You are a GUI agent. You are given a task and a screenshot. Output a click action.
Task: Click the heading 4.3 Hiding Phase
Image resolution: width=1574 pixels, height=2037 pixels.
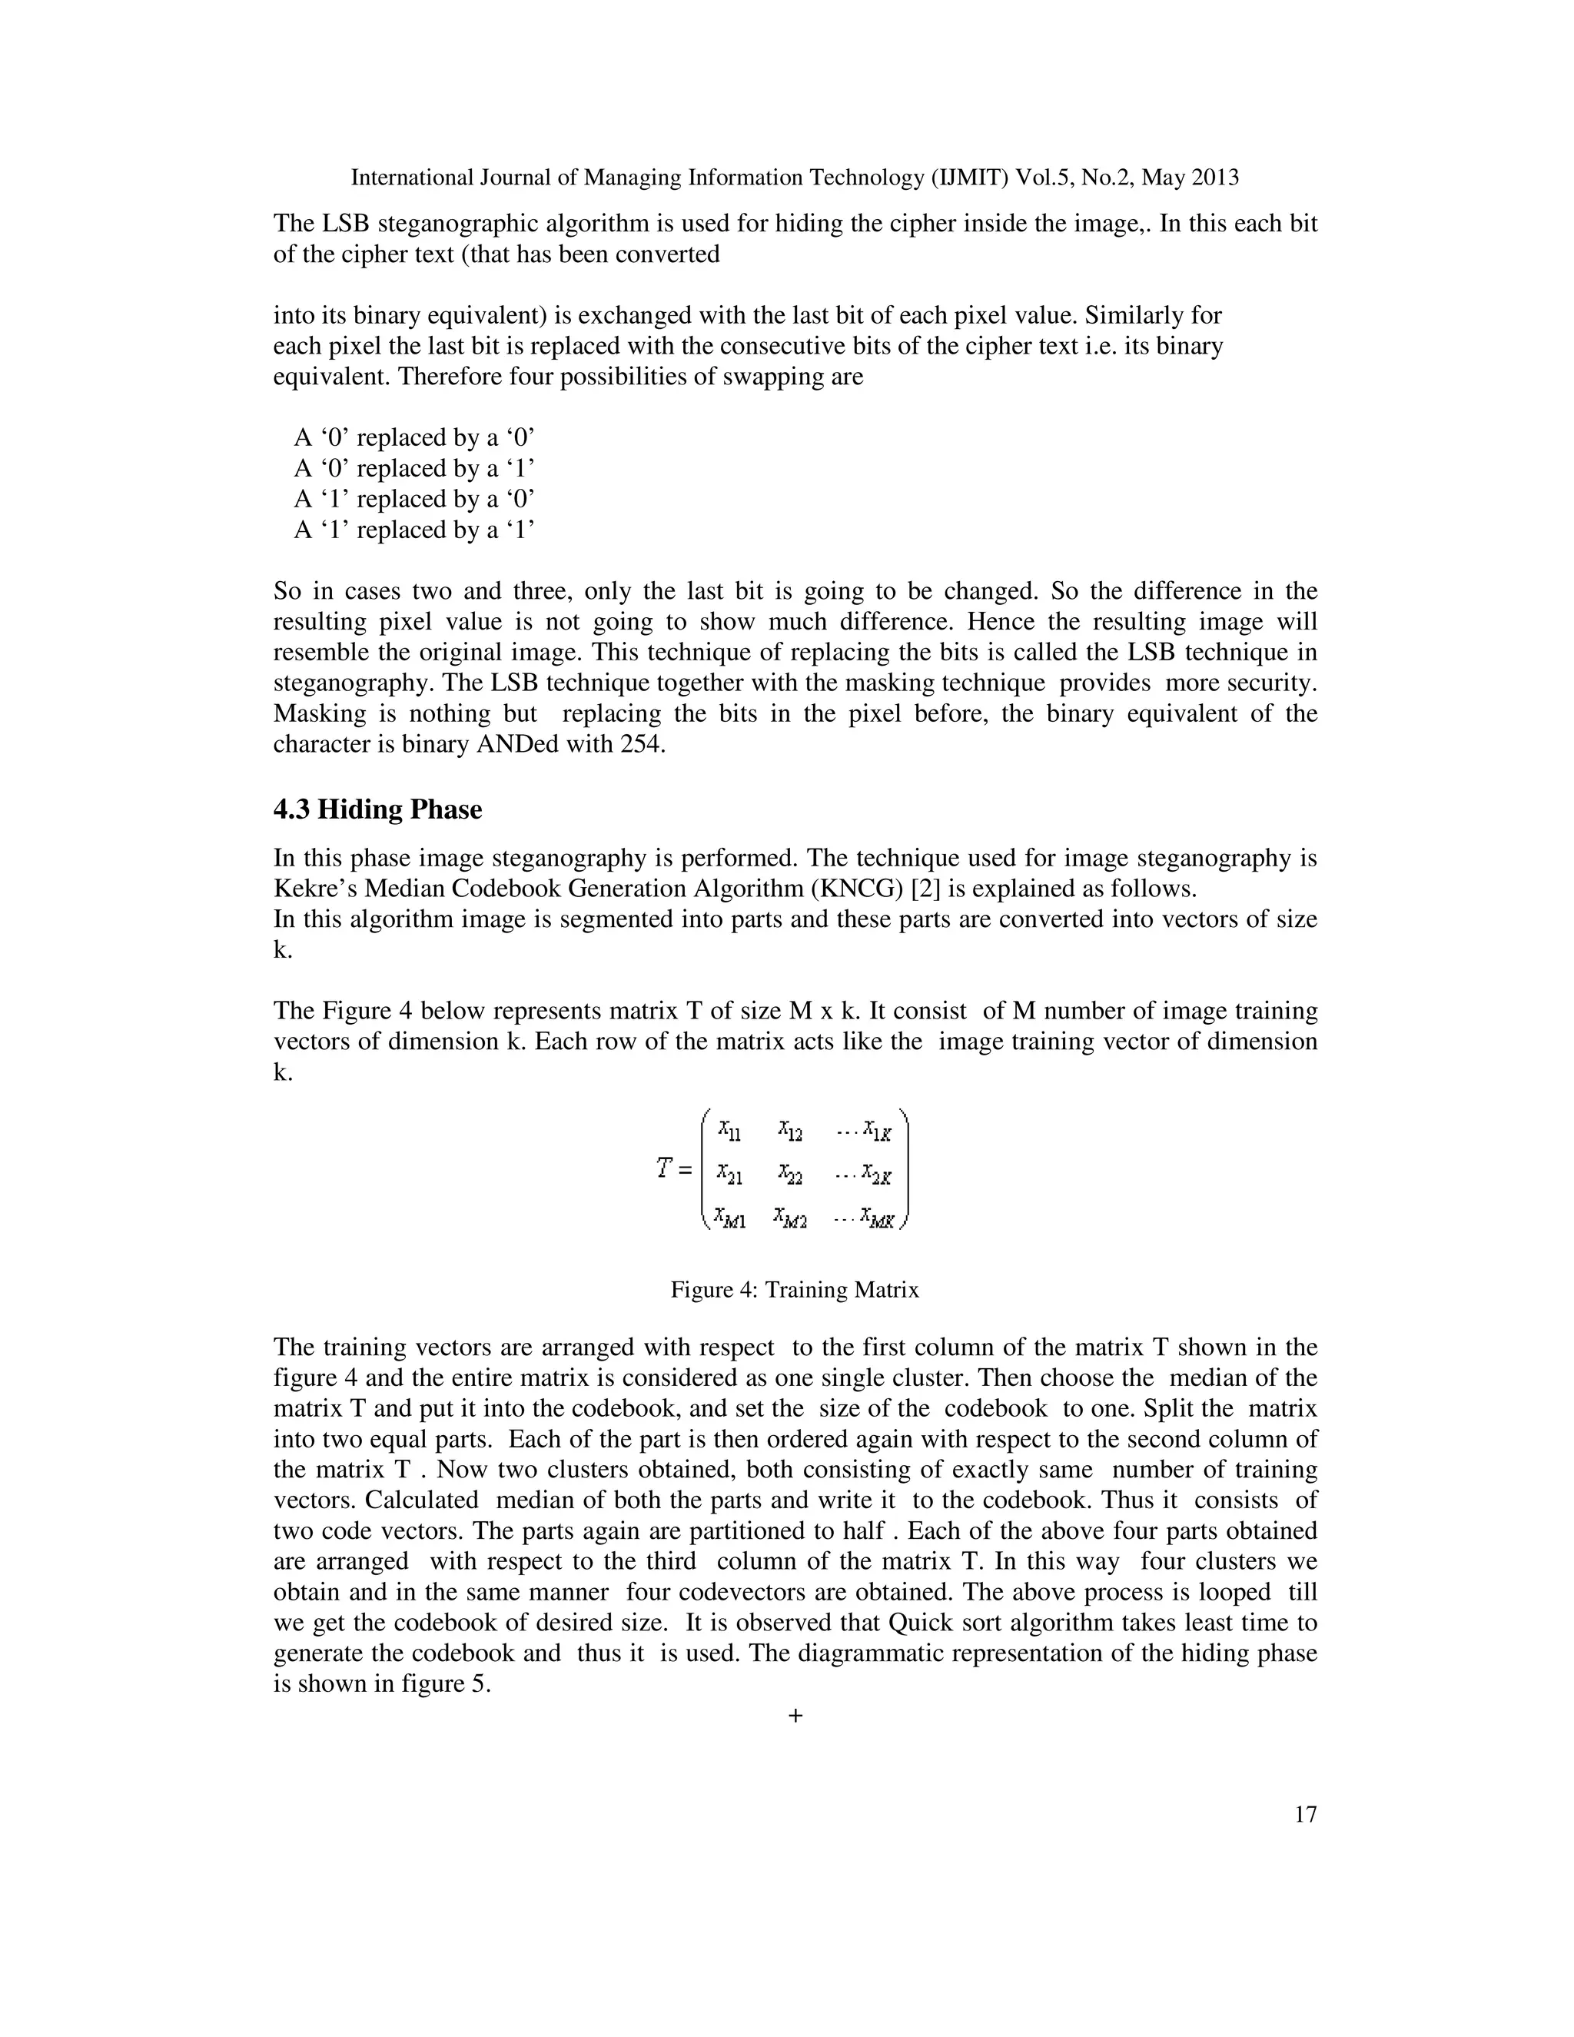pos(377,809)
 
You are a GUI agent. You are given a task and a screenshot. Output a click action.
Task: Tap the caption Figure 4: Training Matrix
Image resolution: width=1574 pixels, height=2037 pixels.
pos(795,1290)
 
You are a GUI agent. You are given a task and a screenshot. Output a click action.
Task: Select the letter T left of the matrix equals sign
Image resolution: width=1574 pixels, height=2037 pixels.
pos(664,1168)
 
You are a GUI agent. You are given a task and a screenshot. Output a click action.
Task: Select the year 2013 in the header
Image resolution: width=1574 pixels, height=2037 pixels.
pos(1213,178)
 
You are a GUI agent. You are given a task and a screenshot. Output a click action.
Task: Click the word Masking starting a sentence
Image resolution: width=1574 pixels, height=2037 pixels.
pos(316,714)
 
